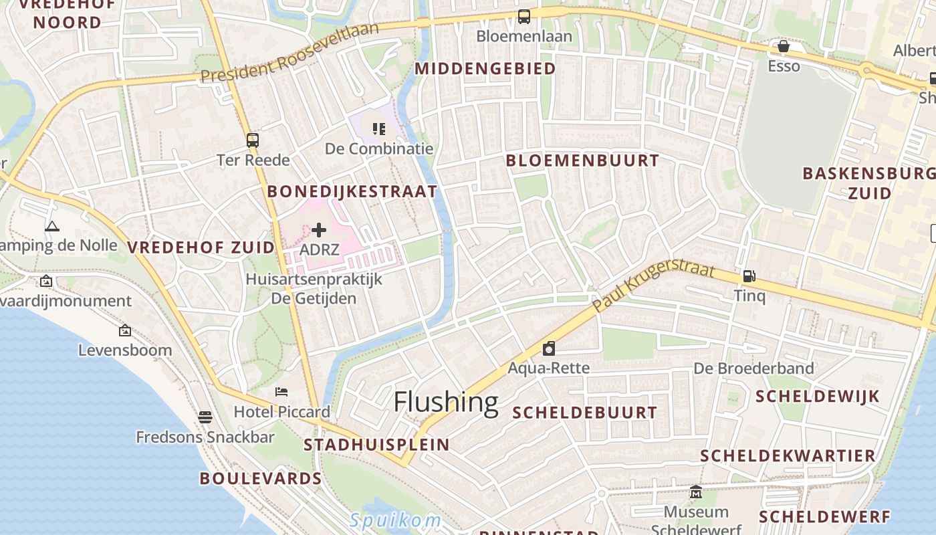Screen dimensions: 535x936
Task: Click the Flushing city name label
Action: click(445, 403)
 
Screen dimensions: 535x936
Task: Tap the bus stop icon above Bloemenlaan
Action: click(524, 17)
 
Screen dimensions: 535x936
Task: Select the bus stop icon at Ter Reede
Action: click(253, 140)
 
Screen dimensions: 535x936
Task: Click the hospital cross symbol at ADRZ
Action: click(319, 230)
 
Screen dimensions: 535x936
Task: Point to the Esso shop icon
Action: click(783, 46)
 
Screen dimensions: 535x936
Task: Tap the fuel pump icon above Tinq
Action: click(749, 276)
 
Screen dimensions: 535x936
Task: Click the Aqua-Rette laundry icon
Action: click(549, 348)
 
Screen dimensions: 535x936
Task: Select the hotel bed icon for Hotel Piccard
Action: click(281, 391)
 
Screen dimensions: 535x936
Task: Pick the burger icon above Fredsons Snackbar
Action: click(205, 417)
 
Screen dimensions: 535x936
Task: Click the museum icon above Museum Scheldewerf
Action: click(696, 492)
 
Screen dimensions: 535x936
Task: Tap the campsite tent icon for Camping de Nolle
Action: click(52, 226)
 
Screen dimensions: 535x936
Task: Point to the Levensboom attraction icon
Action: click(125, 330)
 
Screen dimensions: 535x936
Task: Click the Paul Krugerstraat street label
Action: click(653, 286)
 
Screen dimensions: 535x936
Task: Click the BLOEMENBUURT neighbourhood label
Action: click(582, 160)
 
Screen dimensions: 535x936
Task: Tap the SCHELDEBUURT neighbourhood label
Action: click(584, 413)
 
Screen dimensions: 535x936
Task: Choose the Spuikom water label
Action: click(395, 520)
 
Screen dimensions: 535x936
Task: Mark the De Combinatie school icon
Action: click(379, 128)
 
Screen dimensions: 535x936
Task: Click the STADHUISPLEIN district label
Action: click(376, 445)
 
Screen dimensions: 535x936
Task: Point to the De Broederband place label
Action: click(753, 368)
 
